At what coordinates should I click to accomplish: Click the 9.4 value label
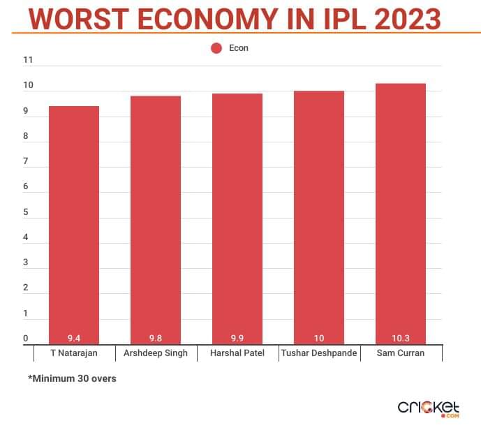coord(74,338)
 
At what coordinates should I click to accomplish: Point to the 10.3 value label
coord(401,338)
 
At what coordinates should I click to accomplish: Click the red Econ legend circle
coord(216,48)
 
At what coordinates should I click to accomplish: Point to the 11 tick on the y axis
coord(28,60)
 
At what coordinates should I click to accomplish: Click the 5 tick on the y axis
coord(26,212)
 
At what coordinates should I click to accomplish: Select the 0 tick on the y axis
coord(26,339)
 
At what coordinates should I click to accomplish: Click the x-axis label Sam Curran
coord(401,353)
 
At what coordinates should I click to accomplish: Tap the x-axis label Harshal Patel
coord(237,353)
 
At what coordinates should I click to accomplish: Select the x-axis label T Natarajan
coord(74,353)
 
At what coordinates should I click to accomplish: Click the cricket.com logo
coord(428,408)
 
